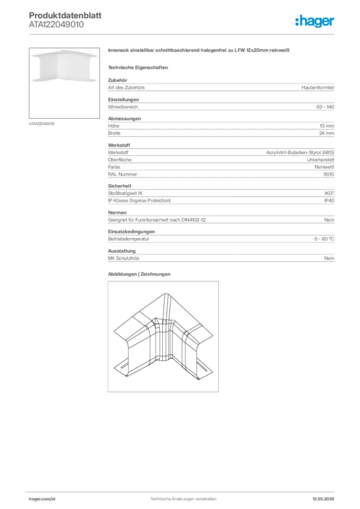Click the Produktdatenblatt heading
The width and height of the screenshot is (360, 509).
65,15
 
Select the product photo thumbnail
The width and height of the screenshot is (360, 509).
65,83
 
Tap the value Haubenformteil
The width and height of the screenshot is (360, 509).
318,87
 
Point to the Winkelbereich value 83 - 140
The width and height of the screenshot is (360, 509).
325,107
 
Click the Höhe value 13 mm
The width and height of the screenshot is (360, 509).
327,126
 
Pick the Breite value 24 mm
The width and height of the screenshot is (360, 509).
327,133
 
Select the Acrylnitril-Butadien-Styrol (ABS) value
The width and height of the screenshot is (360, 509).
300,153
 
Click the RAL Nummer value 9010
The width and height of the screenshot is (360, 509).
329,174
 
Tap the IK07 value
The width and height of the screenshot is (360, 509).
329,193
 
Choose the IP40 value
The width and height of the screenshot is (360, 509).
329,200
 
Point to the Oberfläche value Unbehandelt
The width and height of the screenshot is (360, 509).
321,160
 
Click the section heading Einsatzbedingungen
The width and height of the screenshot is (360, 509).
131,232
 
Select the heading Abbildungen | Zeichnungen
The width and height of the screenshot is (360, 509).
139,274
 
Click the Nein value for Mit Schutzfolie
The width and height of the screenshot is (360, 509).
329,258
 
